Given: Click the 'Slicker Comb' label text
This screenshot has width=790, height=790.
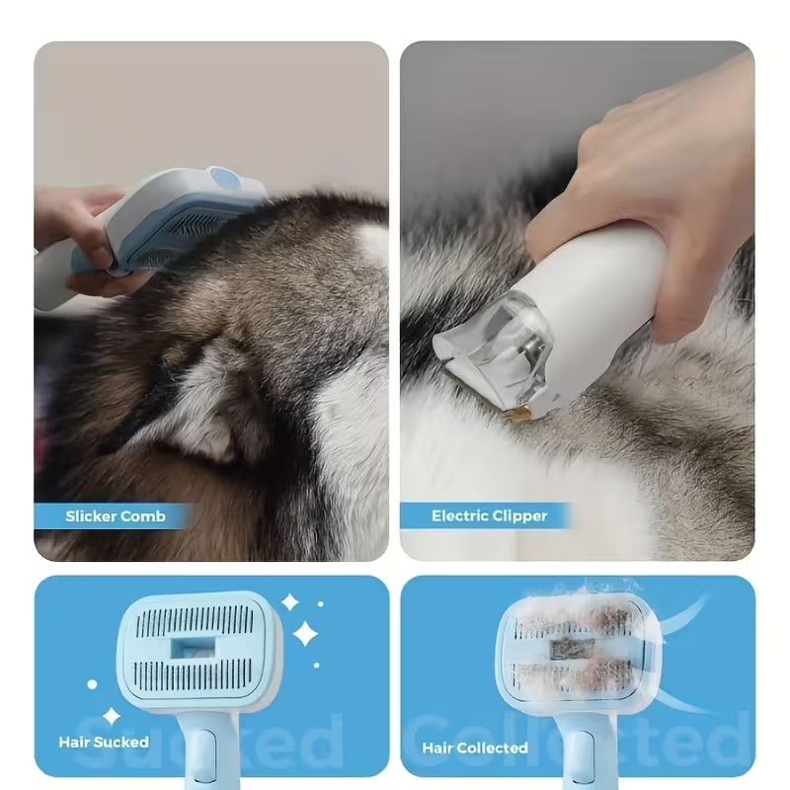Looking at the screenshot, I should (x=115, y=515).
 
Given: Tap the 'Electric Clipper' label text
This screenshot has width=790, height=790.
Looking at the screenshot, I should (x=489, y=515).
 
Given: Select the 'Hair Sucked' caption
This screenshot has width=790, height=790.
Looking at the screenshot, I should (x=104, y=741).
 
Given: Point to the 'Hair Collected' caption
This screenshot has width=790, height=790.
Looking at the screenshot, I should (x=475, y=748).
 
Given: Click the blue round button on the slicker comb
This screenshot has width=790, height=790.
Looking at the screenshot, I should (x=225, y=180).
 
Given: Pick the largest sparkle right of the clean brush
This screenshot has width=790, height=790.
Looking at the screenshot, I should (x=306, y=633).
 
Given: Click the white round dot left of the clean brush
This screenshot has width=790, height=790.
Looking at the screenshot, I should (x=92, y=682).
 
